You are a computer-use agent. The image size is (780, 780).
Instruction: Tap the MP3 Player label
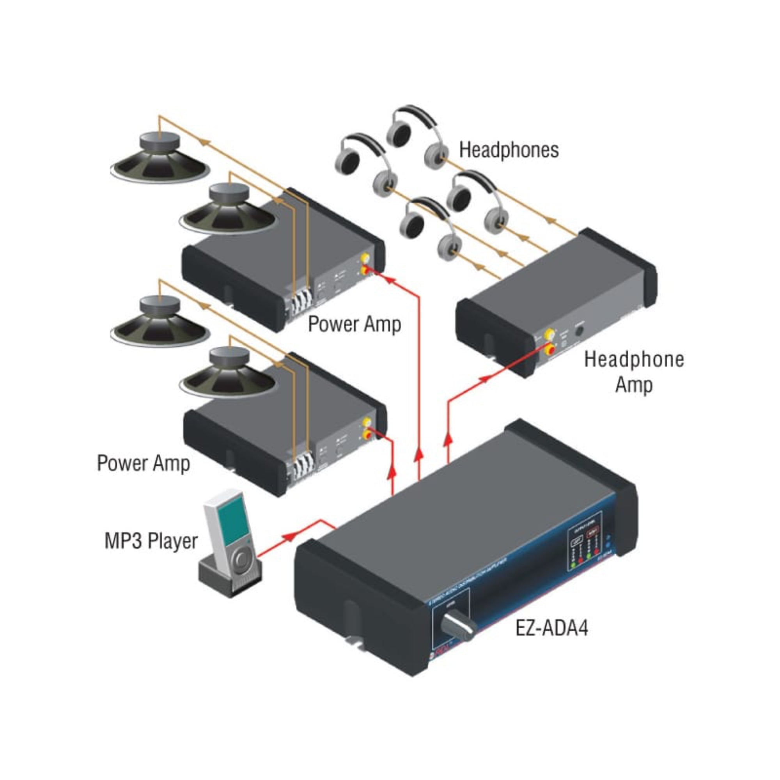click(x=151, y=541)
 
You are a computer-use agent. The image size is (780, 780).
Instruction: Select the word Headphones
click(x=509, y=150)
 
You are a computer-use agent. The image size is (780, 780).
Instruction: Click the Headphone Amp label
click(x=634, y=371)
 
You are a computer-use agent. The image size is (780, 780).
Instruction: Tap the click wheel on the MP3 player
click(x=241, y=559)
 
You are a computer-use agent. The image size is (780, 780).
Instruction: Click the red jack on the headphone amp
click(x=550, y=349)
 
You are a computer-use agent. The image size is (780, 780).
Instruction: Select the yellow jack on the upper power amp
click(x=365, y=257)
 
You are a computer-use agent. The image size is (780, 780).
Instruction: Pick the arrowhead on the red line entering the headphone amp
click(x=484, y=378)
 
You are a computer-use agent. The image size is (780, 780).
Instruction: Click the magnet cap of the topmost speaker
click(x=159, y=141)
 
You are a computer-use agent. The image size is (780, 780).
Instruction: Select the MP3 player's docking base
click(x=230, y=578)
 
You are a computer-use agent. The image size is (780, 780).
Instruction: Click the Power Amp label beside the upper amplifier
click(x=355, y=324)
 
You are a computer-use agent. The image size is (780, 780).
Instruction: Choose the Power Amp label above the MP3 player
click(x=143, y=463)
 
